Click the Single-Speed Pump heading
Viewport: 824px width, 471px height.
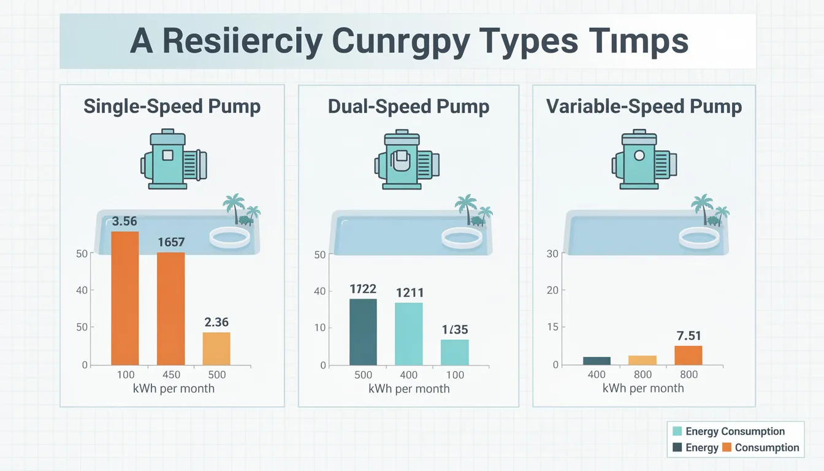tap(172, 106)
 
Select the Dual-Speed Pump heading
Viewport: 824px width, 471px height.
tap(408, 106)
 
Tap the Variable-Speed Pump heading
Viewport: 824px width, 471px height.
tap(644, 106)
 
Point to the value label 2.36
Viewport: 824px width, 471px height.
tap(216, 321)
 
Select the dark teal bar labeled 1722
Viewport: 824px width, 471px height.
tap(363, 332)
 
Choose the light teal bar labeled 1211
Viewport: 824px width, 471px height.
tap(409, 334)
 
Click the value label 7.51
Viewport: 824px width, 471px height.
tap(688, 335)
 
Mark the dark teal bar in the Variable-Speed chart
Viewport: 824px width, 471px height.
tap(597, 361)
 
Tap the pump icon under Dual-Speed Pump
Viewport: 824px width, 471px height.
tap(407, 159)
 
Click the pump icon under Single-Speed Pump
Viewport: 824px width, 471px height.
tap(174, 159)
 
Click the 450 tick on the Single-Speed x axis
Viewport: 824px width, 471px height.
tap(170, 375)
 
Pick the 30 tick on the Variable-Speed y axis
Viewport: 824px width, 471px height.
tap(552, 254)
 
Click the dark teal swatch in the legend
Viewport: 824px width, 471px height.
tap(677, 448)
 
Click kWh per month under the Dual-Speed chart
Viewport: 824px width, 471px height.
tap(409, 388)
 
